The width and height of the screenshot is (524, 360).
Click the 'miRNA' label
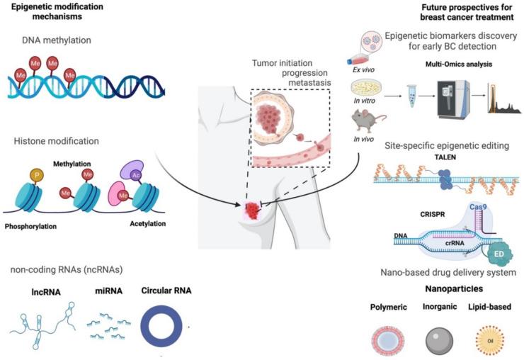[x=104, y=291]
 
